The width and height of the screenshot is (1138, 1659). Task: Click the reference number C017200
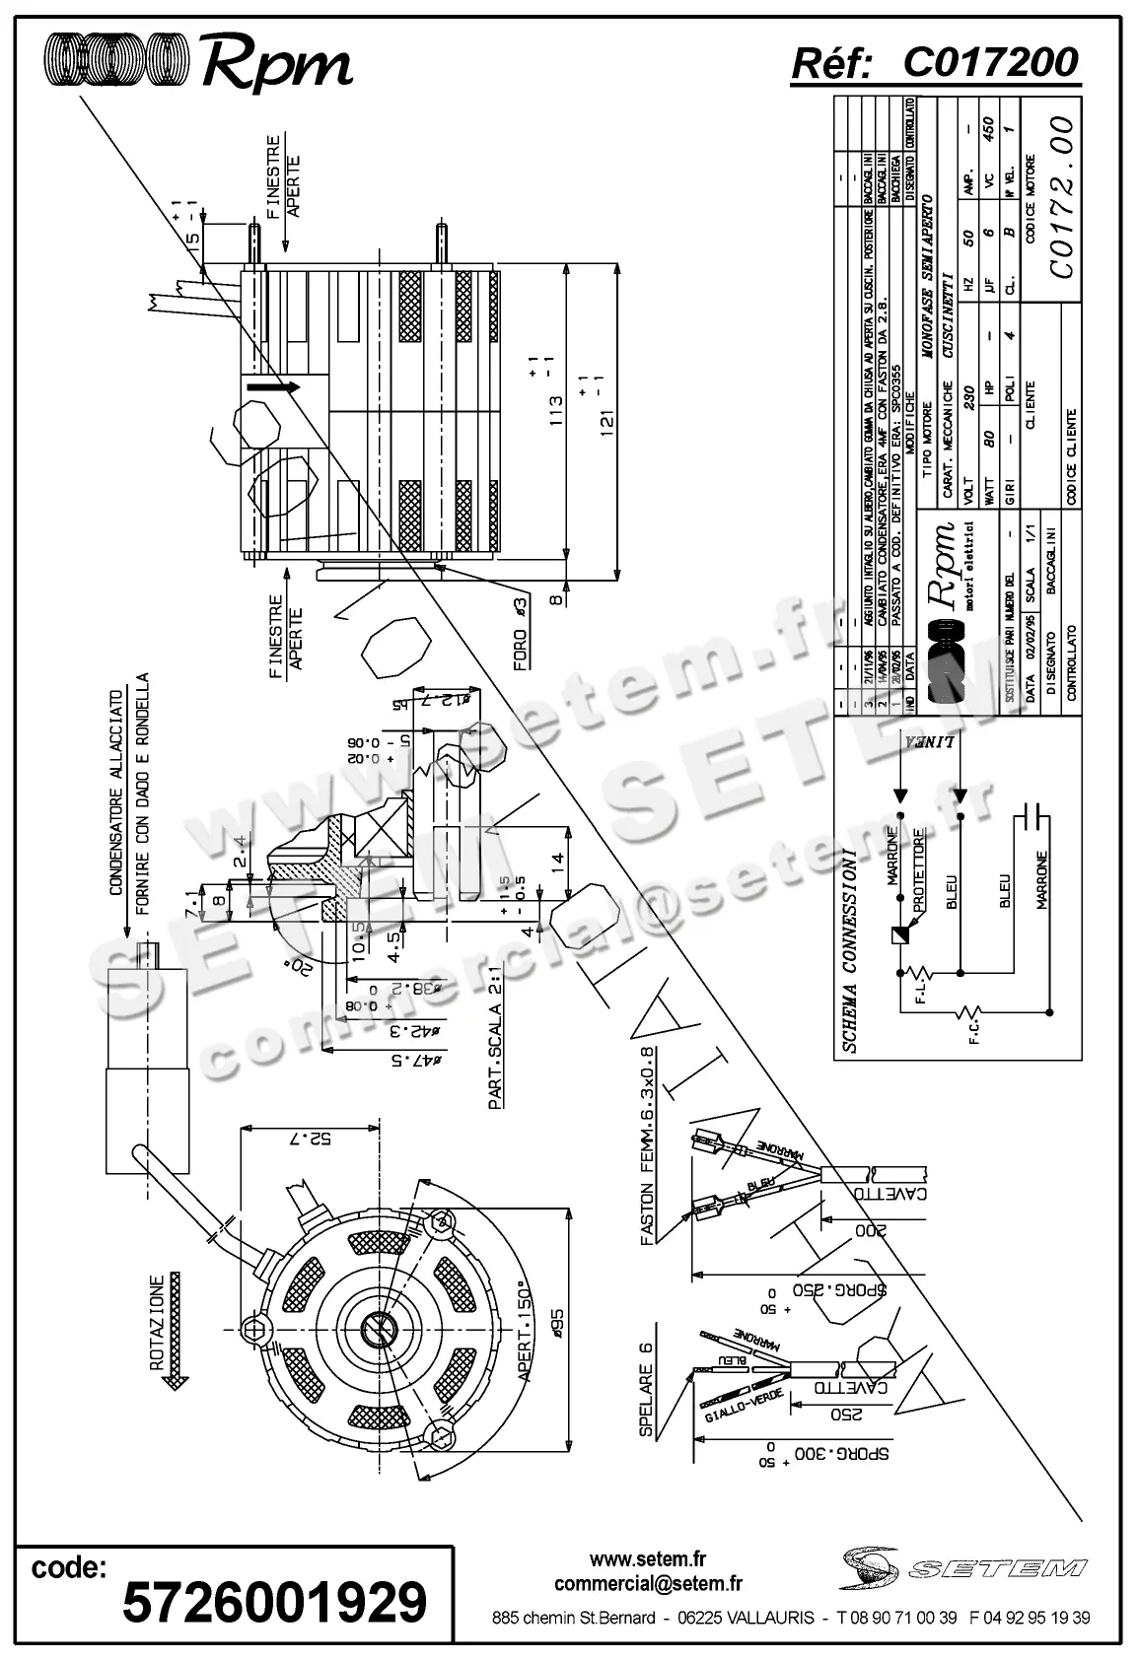[x=990, y=64]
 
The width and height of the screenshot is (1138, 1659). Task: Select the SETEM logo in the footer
[x=967, y=1566]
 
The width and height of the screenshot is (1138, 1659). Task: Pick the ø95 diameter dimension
[x=557, y=1325]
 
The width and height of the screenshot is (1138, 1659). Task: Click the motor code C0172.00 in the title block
[x=1060, y=198]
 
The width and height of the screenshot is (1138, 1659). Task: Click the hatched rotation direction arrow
[x=177, y=1330]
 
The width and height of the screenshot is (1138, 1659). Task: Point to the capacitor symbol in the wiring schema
[x=1032, y=815]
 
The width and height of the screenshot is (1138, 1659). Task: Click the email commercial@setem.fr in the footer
[x=648, y=1584]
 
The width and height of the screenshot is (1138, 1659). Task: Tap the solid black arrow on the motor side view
[x=272, y=387]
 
